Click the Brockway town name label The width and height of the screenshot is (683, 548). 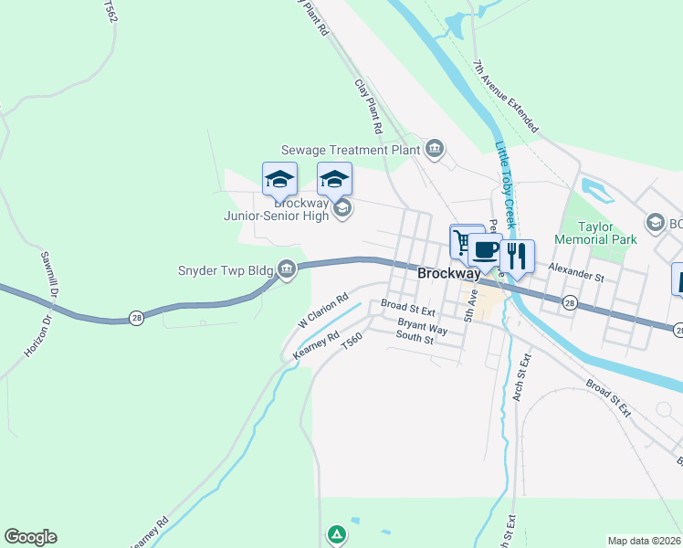coord(449,273)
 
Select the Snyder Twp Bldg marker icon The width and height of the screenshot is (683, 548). coord(287,269)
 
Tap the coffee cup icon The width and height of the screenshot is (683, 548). coord(486,249)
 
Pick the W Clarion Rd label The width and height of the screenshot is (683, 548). coord(324,311)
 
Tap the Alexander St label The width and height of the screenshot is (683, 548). coord(576,272)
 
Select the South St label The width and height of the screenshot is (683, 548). coord(415,339)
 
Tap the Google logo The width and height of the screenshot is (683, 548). coord(30,537)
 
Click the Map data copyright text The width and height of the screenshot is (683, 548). coord(644,541)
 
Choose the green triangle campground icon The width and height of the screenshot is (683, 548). coord(337,533)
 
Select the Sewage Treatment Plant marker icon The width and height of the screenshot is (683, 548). coord(435,149)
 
